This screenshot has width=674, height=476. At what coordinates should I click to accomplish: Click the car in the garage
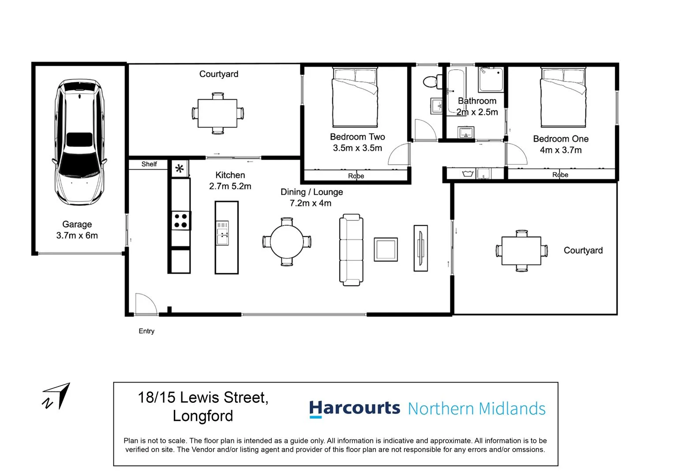click(79, 142)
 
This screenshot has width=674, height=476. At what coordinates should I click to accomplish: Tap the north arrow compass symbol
click(58, 396)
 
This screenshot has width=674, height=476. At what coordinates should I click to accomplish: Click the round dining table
click(287, 242)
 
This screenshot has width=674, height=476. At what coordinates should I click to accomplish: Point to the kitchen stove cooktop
click(180, 220)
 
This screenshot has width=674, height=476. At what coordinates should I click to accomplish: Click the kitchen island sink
click(222, 233)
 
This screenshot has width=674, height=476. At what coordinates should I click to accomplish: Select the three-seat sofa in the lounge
click(351, 250)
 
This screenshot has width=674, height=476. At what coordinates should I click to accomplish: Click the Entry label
click(146, 331)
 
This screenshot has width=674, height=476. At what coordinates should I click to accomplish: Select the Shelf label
click(149, 164)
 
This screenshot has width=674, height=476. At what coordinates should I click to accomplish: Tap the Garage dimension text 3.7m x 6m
click(77, 235)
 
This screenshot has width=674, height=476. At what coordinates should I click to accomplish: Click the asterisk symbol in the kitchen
click(180, 169)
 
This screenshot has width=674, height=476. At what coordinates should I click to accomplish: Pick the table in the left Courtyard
click(217, 113)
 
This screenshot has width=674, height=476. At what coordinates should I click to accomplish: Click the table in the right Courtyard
click(521, 250)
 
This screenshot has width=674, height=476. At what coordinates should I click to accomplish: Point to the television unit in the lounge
click(420, 248)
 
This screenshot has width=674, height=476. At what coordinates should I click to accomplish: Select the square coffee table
click(386, 249)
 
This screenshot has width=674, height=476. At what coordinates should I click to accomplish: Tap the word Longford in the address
click(203, 416)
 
